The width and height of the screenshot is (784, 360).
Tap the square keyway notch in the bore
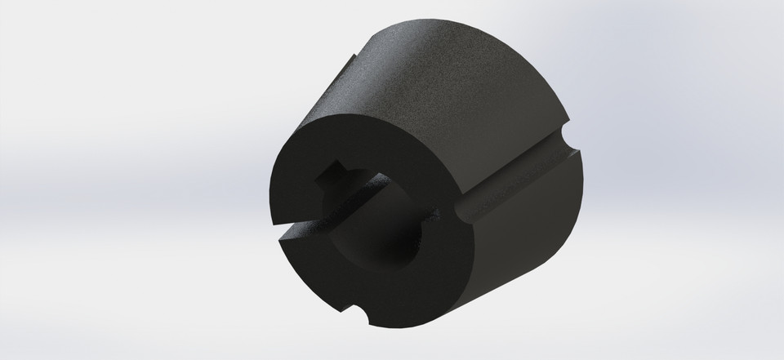[x=336, y=174]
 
